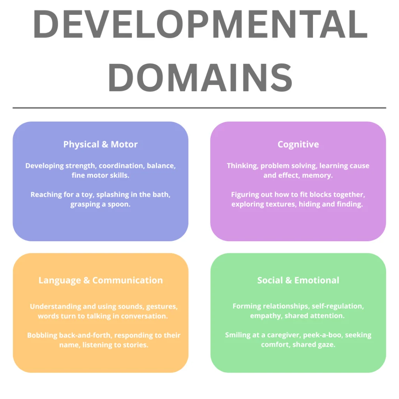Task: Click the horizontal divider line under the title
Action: click(x=199, y=108)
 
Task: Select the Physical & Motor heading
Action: click(x=101, y=145)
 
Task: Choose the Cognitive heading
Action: click(x=298, y=145)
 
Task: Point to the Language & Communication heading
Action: click(x=101, y=280)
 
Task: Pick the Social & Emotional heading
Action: click(x=298, y=280)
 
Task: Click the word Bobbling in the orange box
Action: click(x=42, y=335)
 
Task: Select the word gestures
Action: click(x=162, y=306)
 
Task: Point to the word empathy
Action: click(x=265, y=316)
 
